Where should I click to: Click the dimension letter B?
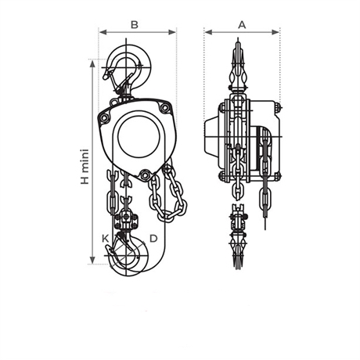click(135, 24)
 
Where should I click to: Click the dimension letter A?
click(242, 24)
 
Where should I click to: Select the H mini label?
click(85, 167)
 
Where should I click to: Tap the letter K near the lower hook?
click(106, 238)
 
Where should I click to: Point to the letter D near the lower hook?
click(153, 238)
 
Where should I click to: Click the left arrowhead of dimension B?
click(103, 32)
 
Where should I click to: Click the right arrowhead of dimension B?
click(172, 32)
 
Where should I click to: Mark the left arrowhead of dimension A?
click(209, 32)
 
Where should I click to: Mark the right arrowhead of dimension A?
click(275, 32)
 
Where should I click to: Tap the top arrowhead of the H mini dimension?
click(92, 63)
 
